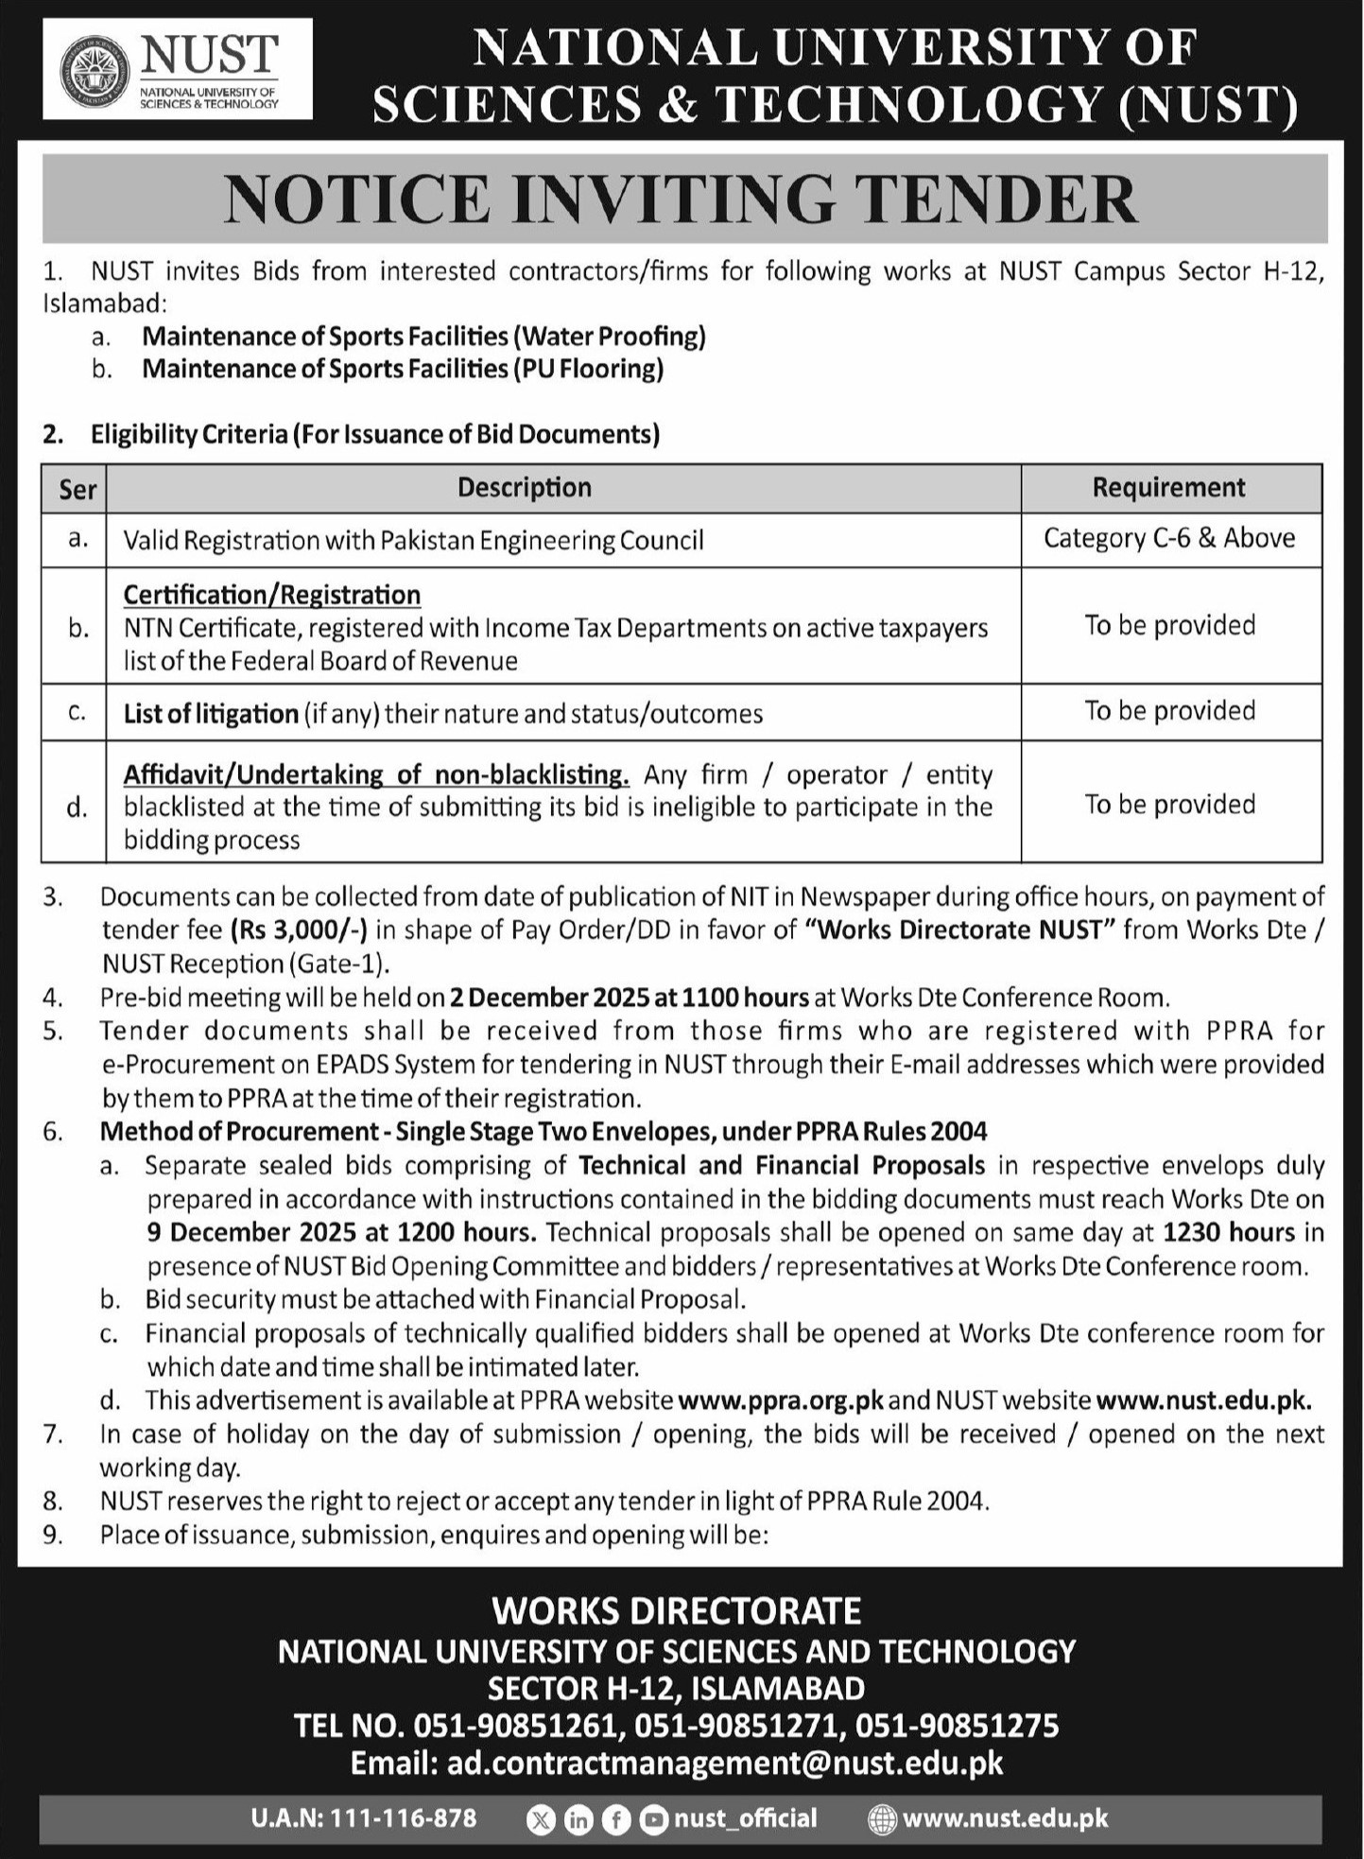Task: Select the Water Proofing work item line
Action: (x=423, y=337)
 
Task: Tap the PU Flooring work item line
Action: (x=403, y=369)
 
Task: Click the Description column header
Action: (x=525, y=488)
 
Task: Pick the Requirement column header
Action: (x=1169, y=488)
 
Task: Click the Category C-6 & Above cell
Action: (x=1169, y=539)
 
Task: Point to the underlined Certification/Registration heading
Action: (x=272, y=595)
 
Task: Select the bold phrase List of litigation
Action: (x=211, y=714)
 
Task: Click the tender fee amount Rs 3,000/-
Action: (x=299, y=930)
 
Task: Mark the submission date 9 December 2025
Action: (x=251, y=1233)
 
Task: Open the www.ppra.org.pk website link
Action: (x=781, y=1400)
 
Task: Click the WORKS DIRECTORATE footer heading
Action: (x=677, y=1611)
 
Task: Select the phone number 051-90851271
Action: (x=736, y=1726)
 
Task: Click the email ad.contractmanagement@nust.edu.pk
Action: (x=724, y=1763)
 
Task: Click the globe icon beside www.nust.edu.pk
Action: (x=881, y=1819)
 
